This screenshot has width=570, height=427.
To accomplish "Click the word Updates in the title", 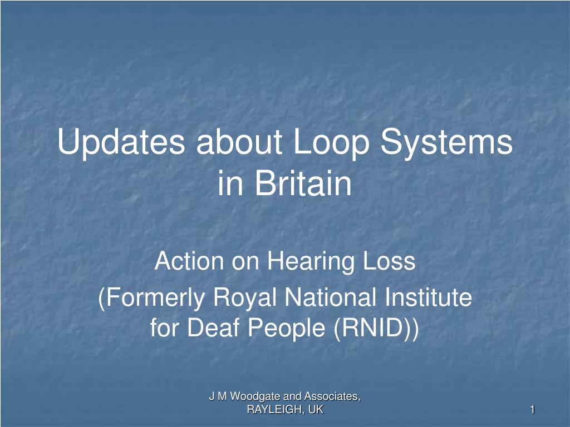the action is (x=121, y=143).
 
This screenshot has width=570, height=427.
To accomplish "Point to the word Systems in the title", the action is (x=447, y=143).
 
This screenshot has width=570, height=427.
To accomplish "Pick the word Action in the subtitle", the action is (x=189, y=261).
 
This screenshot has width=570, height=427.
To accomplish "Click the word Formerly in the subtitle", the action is (x=151, y=298).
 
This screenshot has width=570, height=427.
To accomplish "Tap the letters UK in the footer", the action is (x=316, y=410).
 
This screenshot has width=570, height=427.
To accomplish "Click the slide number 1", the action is (x=533, y=410).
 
